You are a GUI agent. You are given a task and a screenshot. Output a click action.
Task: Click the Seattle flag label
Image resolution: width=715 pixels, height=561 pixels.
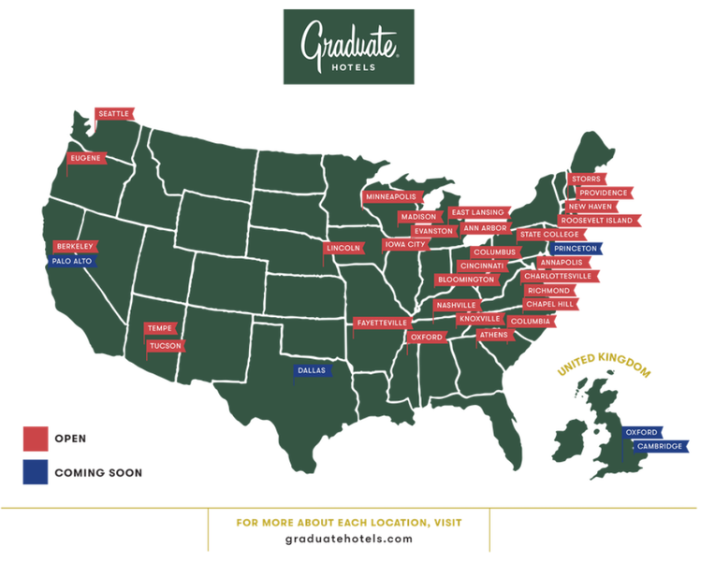(114, 114)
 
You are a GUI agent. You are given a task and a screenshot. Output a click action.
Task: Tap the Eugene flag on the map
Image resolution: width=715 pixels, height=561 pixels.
(84, 159)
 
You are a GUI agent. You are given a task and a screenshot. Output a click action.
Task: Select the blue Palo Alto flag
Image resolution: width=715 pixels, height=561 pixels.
(72, 262)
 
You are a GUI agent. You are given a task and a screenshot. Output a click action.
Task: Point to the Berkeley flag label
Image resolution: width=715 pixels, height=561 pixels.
(75, 247)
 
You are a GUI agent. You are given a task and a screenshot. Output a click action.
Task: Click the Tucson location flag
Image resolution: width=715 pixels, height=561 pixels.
(165, 346)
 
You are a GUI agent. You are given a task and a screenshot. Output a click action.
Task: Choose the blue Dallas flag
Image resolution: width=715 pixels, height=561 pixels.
(312, 370)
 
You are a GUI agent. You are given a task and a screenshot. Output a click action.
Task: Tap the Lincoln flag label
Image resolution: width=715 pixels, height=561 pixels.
(343, 249)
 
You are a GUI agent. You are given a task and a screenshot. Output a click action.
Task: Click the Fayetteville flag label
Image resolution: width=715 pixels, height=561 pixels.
(382, 323)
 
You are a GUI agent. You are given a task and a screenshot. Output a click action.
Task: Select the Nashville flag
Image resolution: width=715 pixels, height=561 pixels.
(457, 306)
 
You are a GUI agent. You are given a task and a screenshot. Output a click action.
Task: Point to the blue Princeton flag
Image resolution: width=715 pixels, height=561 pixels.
(576, 249)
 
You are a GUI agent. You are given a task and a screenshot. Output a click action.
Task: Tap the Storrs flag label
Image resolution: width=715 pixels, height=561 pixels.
(586, 179)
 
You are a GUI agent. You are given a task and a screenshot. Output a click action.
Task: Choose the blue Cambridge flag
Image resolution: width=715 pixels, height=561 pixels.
(660, 446)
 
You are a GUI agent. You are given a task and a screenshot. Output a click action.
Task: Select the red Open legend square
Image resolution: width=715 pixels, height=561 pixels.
(36, 439)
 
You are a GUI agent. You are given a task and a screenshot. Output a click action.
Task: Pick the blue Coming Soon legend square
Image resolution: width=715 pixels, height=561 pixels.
(36, 472)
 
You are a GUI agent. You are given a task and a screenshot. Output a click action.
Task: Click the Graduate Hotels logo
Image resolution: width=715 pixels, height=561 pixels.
(349, 47)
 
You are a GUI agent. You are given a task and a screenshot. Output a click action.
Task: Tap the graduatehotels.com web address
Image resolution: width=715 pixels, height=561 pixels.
(348, 539)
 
